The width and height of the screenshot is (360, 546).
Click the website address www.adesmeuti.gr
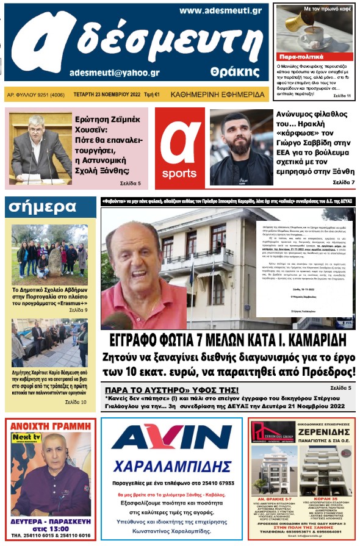pos(221,11)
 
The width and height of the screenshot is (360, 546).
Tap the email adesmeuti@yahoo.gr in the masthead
pos(115,72)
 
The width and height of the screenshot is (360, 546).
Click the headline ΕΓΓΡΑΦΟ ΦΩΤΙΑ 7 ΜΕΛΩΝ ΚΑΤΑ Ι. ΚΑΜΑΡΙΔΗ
pos(231,340)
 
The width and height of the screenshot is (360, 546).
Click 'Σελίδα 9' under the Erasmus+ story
pos(77,310)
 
